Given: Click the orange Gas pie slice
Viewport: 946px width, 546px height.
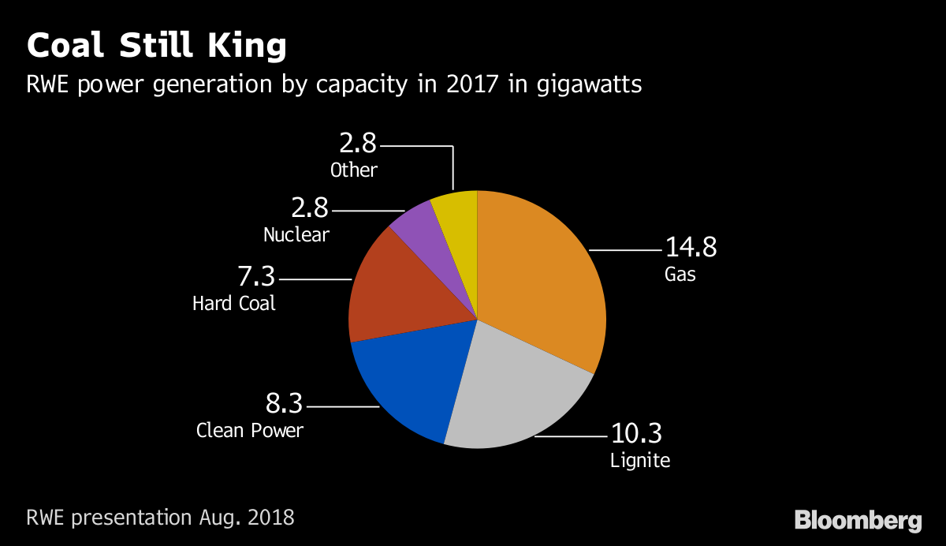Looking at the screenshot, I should tap(544, 284).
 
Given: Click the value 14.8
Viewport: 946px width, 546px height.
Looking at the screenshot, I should tap(691, 247).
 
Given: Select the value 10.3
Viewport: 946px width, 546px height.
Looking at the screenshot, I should tap(637, 433).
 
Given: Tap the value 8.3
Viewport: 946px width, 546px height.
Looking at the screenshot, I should tap(284, 406).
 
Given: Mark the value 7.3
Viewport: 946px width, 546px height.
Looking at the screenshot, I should tap(256, 278).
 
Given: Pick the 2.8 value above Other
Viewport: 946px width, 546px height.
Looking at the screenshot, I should tap(358, 144).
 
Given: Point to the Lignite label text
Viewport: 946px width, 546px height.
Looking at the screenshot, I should tap(640, 460).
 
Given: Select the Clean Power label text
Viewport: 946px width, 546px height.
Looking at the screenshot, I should tap(250, 431).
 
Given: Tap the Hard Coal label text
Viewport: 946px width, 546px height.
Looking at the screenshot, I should tap(234, 303).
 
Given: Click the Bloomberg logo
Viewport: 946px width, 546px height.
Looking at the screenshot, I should tap(858, 521).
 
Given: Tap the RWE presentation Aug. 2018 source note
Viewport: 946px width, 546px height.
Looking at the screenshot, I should tap(160, 518).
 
